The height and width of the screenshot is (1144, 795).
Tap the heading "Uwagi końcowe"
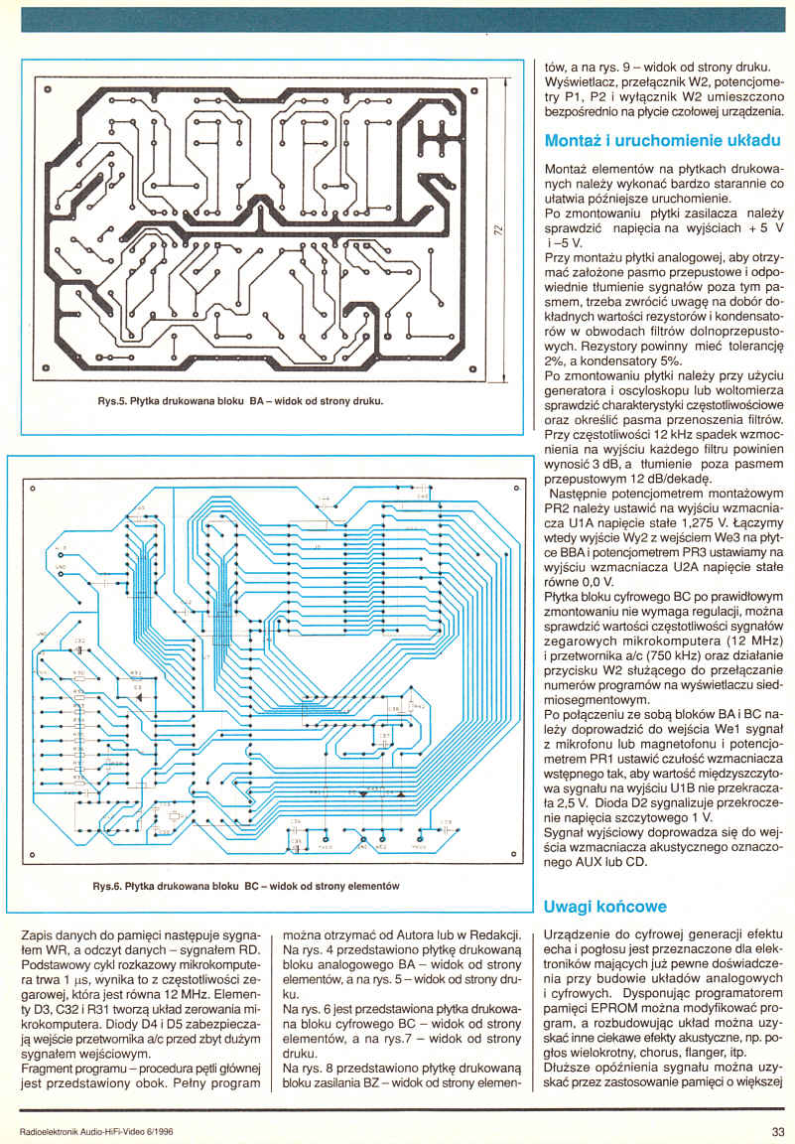click(605, 907)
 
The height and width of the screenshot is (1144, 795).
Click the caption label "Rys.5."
click(113, 402)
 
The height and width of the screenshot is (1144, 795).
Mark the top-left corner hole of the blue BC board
click(32, 489)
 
